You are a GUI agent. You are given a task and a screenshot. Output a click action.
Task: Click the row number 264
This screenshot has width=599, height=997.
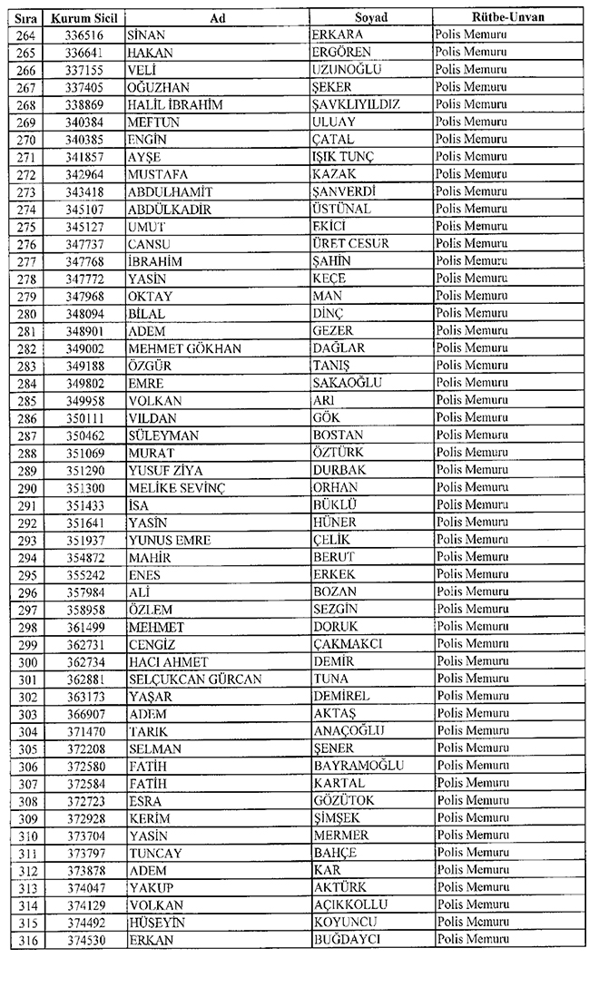point(27,34)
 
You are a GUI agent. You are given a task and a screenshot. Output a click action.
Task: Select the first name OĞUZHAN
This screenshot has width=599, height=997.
point(160,86)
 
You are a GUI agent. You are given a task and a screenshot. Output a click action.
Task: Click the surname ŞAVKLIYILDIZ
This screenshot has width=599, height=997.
point(356,104)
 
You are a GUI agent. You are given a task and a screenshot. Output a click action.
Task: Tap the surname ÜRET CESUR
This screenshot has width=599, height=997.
point(350,243)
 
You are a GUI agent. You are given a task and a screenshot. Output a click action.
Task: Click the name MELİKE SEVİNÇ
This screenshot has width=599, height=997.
point(177,487)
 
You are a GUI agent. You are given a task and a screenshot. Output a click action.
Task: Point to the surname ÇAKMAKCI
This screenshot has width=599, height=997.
point(348,643)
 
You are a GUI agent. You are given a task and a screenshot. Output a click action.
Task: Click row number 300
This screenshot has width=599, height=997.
point(27,661)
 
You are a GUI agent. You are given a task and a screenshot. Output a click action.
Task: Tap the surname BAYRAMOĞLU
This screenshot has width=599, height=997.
point(358,766)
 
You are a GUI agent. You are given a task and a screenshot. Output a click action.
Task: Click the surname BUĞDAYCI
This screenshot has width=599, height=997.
point(346,940)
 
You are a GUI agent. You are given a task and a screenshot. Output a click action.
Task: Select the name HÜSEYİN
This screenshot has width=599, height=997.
point(157,923)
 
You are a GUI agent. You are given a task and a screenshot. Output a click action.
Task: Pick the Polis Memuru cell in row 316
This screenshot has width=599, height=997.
point(471,940)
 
